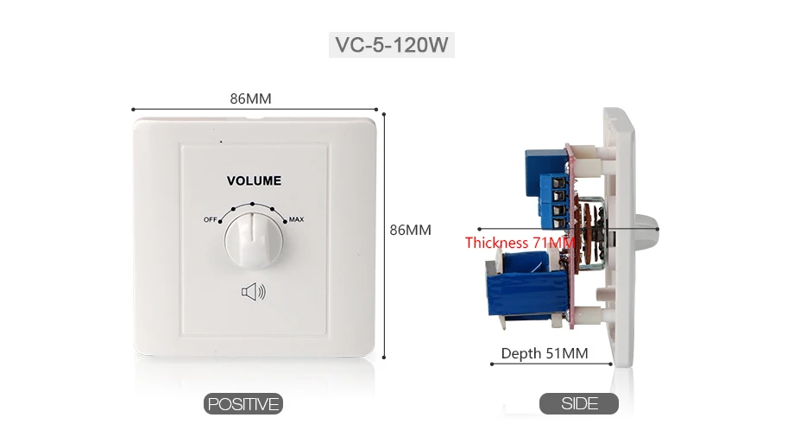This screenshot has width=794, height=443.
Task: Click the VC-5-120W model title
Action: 392,45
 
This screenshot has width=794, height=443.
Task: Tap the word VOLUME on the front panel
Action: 254,181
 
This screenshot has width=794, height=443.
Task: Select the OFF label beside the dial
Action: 210,219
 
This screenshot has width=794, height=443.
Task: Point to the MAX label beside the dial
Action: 296,219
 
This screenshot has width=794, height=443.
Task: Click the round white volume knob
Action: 252,241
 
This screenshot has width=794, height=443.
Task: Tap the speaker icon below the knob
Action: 253,292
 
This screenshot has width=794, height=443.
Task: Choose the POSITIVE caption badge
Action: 243,404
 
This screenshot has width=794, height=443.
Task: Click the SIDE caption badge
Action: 579,403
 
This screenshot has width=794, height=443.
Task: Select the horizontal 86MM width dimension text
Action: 250,98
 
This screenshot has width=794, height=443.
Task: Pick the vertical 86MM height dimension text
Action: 410,230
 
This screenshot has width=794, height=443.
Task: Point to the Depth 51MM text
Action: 545,353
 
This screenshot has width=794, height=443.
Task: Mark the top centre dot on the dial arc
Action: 252,205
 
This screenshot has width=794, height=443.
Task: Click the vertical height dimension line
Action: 384,236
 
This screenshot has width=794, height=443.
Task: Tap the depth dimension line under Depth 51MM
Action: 551,364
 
